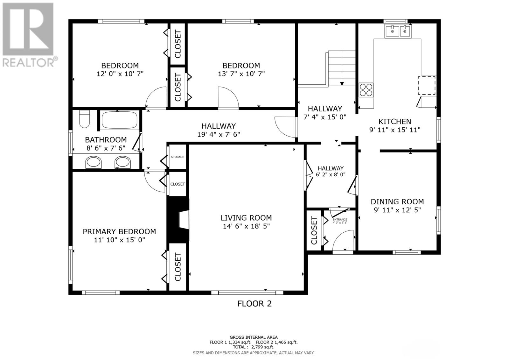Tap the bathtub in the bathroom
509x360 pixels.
[120, 120]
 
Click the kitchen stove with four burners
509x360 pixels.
[366, 89]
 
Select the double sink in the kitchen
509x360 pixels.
[398, 31]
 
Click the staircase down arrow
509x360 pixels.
[342, 83]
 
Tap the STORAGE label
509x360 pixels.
[178, 157]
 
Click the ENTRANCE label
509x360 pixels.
[340, 219]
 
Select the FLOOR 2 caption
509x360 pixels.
[254, 304]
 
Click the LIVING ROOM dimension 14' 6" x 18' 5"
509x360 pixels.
[246, 226]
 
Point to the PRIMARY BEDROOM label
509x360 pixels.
[119, 232]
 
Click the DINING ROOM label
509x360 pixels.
[397, 201]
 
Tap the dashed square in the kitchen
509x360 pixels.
[427, 85]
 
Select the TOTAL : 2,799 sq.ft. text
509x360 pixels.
[254, 347]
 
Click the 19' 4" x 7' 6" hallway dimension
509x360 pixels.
[219, 134]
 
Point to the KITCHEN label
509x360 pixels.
[394, 121]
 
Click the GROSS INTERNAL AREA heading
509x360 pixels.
[254, 337]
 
